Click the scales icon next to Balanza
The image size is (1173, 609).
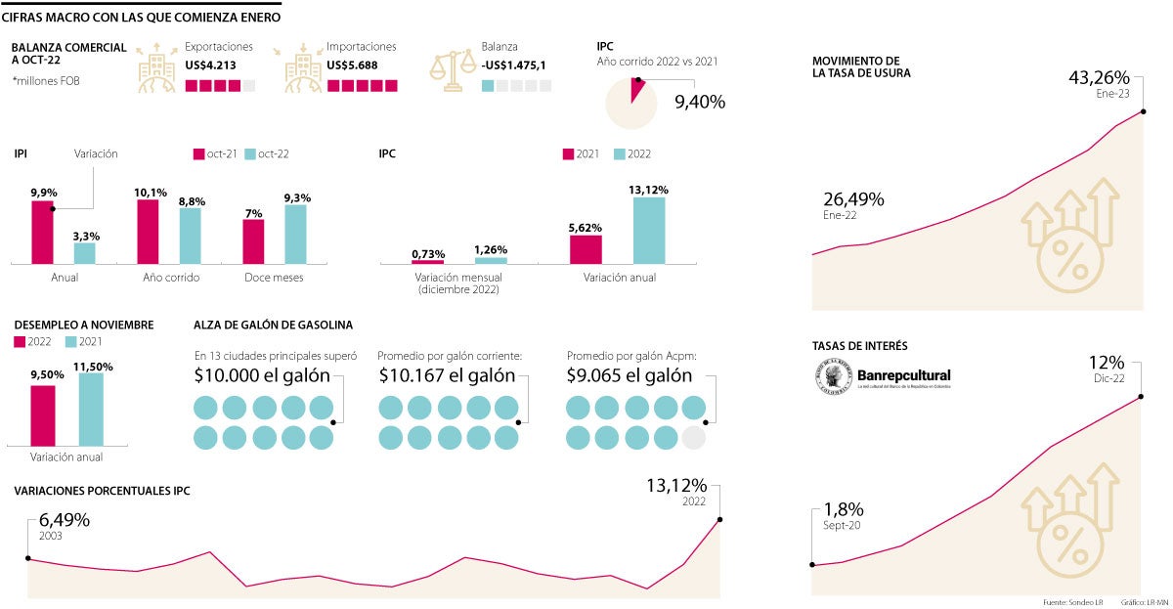[x=453, y=70]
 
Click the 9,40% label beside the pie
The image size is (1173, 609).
[x=700, y=101]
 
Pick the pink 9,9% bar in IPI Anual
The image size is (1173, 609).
[x=42, y=232]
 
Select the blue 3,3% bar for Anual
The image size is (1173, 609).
[x=85, y=253]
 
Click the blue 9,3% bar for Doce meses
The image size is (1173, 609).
[x=295, y=235]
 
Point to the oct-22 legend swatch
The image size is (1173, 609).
[x=250, y=154]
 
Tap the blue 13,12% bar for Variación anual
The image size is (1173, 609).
[x=649, y=231]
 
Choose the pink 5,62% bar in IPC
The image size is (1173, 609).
[x=586, y=249]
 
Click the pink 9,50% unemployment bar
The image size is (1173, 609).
[x=42, y=415]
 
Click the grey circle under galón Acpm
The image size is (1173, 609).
[x=693, y=437]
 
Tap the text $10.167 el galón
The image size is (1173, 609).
[x=447, y=375]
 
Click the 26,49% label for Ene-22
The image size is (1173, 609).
[x=853, y=199]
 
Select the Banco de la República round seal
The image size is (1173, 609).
[x=831, y=375]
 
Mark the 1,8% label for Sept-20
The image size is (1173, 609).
[x=844, y=510]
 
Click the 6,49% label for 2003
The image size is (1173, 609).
[x=65, y=521]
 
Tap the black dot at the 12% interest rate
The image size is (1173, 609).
[x=1141, y=397]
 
